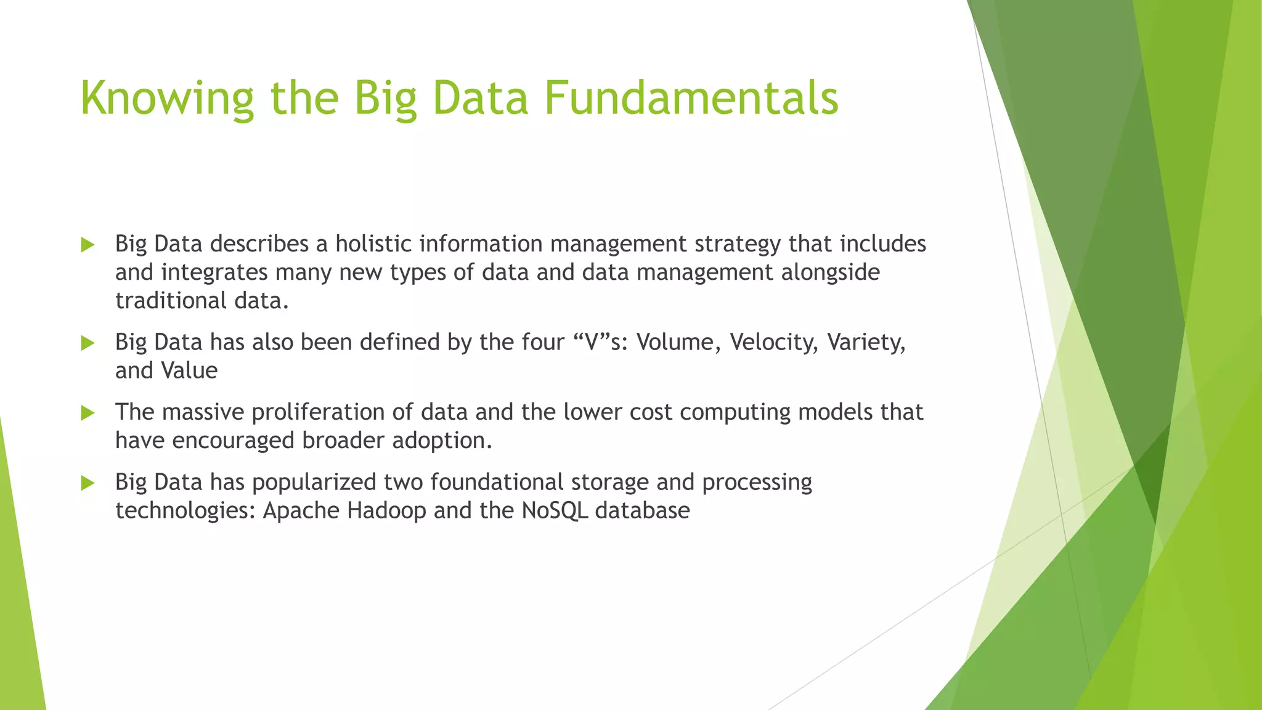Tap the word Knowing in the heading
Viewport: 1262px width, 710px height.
coord(167,99)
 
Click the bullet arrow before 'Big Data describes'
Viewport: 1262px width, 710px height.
coord(88,245)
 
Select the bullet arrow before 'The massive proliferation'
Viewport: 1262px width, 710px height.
coord(88,413)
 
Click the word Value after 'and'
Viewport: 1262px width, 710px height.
coord(189,370)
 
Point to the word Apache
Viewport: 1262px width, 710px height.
coord(301,510)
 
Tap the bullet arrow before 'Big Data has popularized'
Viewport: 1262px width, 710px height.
coord(88,483)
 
